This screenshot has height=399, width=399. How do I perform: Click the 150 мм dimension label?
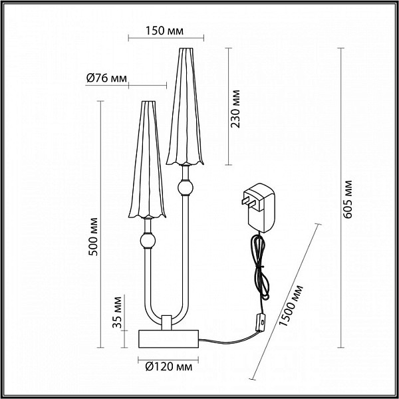[164, 31]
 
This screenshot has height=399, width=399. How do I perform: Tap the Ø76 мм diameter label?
[106, 78]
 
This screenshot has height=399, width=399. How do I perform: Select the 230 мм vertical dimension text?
[235, 108]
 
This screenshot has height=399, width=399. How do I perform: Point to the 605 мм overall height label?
[347, 199]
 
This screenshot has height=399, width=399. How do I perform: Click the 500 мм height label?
[93, 237]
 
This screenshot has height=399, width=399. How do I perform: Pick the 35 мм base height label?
[117, 313]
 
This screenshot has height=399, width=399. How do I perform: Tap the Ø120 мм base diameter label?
[169, 367]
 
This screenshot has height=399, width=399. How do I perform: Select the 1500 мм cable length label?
[291, 306]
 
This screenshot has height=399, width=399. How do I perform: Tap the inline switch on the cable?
[261, 323]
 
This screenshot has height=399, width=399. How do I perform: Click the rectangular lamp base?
[168, 338]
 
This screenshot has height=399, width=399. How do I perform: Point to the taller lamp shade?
[185, 106]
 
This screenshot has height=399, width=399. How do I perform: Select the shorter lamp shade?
[148, 160]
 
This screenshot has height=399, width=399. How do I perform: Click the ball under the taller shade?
[186, 188]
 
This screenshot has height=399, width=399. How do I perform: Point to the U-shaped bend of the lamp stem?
[167, 312]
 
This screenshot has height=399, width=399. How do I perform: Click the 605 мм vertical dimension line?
[340, 198]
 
